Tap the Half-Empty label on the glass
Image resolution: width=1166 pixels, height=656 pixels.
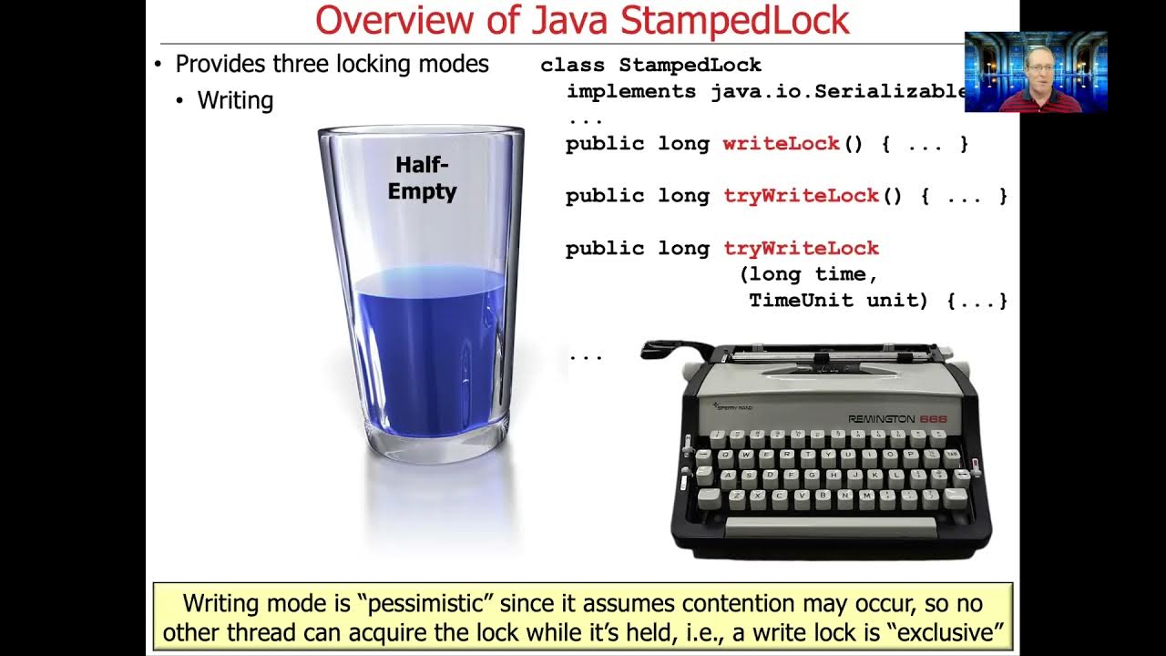(x=422, y=178)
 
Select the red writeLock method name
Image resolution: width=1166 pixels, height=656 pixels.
(x=781, y=144)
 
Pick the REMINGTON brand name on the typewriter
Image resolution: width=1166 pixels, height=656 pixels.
(x=881, y=418)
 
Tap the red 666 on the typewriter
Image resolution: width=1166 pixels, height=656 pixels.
(x=933, y=418)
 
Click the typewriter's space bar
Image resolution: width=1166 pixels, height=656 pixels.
(x=830, y=527)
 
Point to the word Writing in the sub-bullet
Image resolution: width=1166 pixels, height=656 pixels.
(x=235, y=100)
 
